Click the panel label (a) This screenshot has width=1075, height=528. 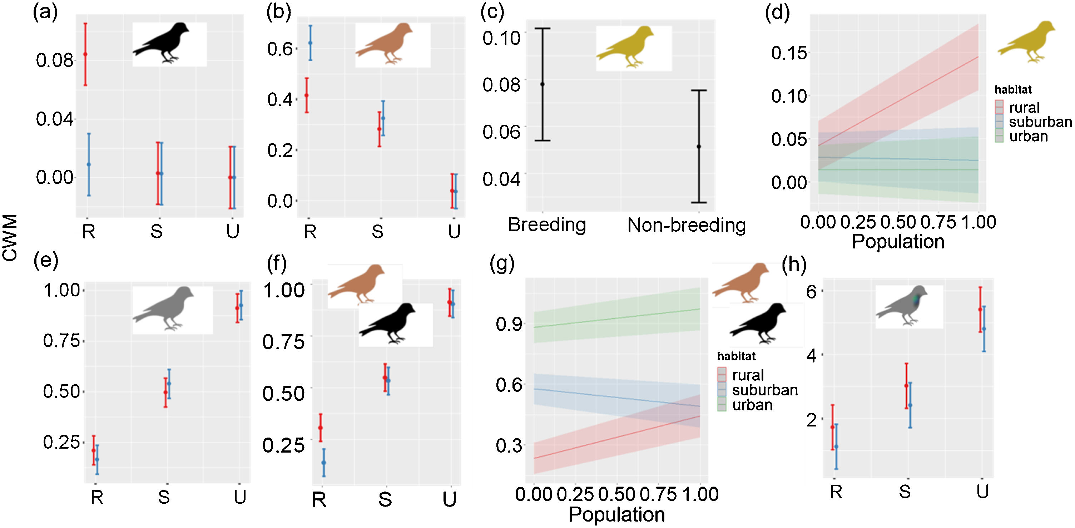click(45, 13)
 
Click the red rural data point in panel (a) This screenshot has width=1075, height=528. click(85, 54)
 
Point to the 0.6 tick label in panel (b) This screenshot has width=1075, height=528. click(280, 49)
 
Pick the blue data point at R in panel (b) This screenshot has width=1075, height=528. click(310, 43)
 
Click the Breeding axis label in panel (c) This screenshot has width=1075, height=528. click(547, 225)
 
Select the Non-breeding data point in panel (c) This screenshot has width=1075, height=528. click(699, 147)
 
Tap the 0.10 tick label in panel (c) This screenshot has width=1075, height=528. click(501, 38)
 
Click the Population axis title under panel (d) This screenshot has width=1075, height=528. click(898, 242)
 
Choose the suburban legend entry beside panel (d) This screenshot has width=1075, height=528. click(1040, 122)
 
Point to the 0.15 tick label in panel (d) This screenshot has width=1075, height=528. click(789, 53)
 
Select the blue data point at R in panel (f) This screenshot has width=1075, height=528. click(324, 463)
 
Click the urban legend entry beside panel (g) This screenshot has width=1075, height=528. click(752, 405)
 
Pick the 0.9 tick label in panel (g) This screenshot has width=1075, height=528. click(509, 324)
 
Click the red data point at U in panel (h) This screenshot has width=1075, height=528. click(980, 309)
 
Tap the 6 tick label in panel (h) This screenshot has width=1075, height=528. click(811, 292)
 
